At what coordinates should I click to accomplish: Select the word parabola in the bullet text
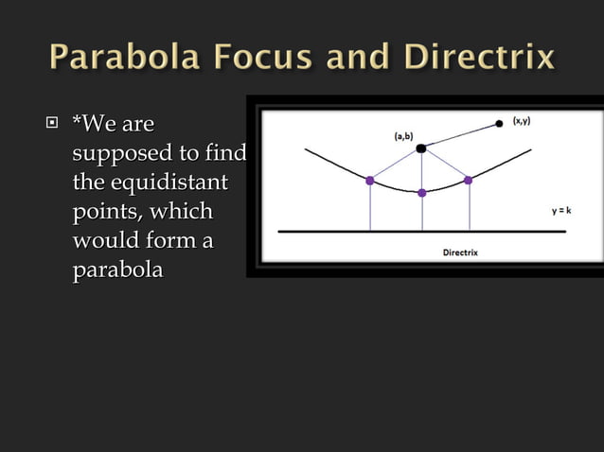pos(117,270)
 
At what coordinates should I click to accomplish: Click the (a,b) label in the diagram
pos(403,136)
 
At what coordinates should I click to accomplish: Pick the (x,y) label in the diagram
pos(521,121)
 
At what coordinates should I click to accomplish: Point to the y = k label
pos(561,212)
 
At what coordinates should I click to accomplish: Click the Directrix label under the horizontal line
pos(461,252)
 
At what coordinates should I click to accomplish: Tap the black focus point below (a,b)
pos(421,148)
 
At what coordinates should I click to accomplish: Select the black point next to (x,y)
pos(499,124)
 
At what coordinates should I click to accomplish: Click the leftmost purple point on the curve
pos(370,180)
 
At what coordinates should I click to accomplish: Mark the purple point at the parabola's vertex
pos(422,193)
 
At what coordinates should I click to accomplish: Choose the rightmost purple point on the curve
pos(469,180)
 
